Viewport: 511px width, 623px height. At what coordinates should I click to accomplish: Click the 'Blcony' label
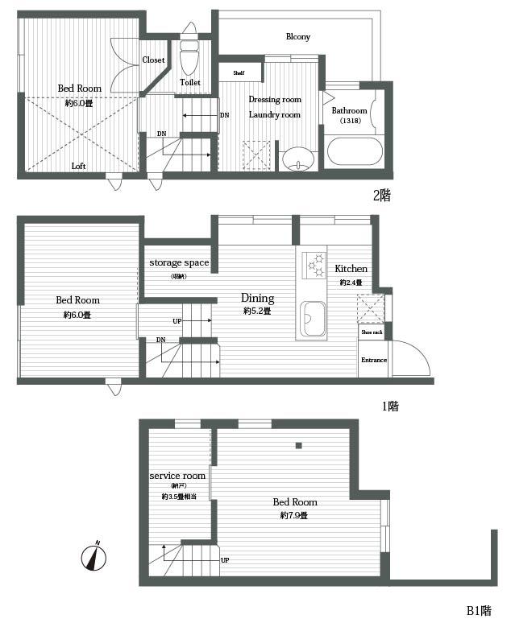click(x=297, y=37)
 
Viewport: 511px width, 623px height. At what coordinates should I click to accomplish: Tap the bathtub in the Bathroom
click(x=355, y=151)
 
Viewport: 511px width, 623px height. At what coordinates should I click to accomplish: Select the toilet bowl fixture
click(x=189, y=58)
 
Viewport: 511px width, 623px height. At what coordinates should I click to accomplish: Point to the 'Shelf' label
click(x=239, y=72)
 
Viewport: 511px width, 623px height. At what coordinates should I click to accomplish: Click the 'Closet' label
click(x=153, y=60)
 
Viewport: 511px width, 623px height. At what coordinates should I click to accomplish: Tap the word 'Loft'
click(x=78, y=167)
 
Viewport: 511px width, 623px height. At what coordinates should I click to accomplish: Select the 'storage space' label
click(x=178, y=262)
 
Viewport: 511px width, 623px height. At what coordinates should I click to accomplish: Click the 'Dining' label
click(x=257, y=298)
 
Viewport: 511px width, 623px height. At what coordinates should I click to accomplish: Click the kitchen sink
click(x=312, y=320)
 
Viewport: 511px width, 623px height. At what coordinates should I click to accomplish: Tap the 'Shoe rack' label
click(x=372, y=332)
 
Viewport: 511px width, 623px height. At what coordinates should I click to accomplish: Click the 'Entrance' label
click(x=373, y=361)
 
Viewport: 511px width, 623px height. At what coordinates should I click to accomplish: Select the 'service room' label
click(x=178, y=476)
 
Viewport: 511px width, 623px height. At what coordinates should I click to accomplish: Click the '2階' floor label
click(x=381, y=196)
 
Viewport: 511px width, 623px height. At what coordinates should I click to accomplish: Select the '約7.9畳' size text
click(x=293, y=515)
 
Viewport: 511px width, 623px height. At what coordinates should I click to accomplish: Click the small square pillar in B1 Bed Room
click(x=298, y=445)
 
